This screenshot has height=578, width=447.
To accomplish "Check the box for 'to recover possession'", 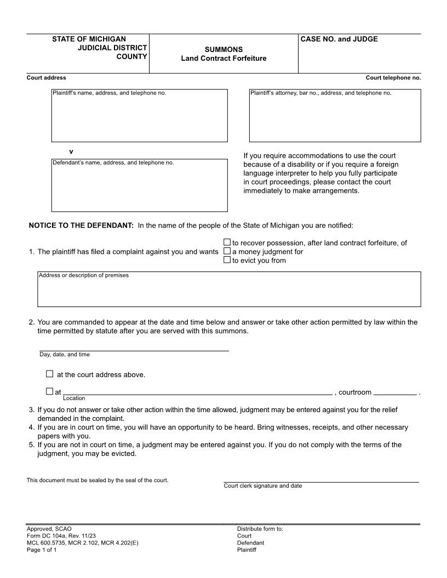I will click(227, 242).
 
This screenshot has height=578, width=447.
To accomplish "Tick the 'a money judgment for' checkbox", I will click(227, 251).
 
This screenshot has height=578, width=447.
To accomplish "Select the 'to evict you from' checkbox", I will click(227, 260).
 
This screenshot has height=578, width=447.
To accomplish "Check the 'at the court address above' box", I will click(50, 374).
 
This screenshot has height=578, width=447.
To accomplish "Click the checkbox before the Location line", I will click(50, 391).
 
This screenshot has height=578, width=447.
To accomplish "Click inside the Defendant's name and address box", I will click(139, 188).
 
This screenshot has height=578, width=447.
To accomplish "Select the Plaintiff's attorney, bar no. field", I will click(335, 118).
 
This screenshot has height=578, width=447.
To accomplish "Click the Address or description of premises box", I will click(229, 291).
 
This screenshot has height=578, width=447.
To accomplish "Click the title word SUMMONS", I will click(224, 49).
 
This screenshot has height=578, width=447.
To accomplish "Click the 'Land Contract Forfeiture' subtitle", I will click(224, 58).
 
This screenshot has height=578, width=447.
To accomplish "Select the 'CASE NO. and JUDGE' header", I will click(339, 39).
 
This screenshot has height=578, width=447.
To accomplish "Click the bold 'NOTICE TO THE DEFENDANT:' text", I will click(81, 226).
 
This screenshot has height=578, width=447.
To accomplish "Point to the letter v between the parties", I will click(71, 151).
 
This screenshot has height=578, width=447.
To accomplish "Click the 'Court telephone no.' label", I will click(393, 78).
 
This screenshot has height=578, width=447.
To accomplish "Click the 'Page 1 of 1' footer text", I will click(42, 550).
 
